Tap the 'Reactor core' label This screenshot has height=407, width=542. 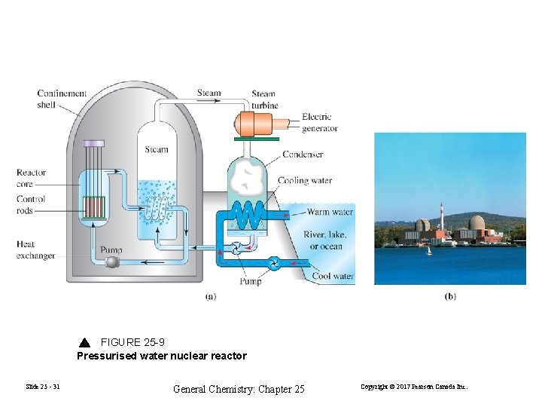point(31,178)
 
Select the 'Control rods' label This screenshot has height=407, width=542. point(31,205)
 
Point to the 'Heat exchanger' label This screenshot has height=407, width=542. point(35,250)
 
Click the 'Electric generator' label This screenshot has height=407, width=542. point(320,122)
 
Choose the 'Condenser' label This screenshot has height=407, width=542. point(303,155)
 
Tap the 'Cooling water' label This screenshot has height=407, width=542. point(304,181)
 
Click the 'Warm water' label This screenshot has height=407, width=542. point(330,213)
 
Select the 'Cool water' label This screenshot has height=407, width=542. point(333,277)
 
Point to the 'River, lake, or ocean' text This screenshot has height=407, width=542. point(324,240)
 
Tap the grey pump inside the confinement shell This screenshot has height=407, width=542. point(113,262)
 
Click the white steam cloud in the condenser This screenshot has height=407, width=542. point(249,179)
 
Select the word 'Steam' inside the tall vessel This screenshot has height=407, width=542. point(157,149)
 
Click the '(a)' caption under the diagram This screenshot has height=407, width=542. point(212,296)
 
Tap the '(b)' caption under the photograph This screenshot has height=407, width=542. point(449,296)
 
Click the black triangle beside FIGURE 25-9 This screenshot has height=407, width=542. point(85,342)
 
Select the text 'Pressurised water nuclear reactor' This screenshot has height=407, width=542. point(162,356)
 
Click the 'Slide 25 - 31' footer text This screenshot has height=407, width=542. point(42,387)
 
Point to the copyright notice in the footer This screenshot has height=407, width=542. point(414,387)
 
